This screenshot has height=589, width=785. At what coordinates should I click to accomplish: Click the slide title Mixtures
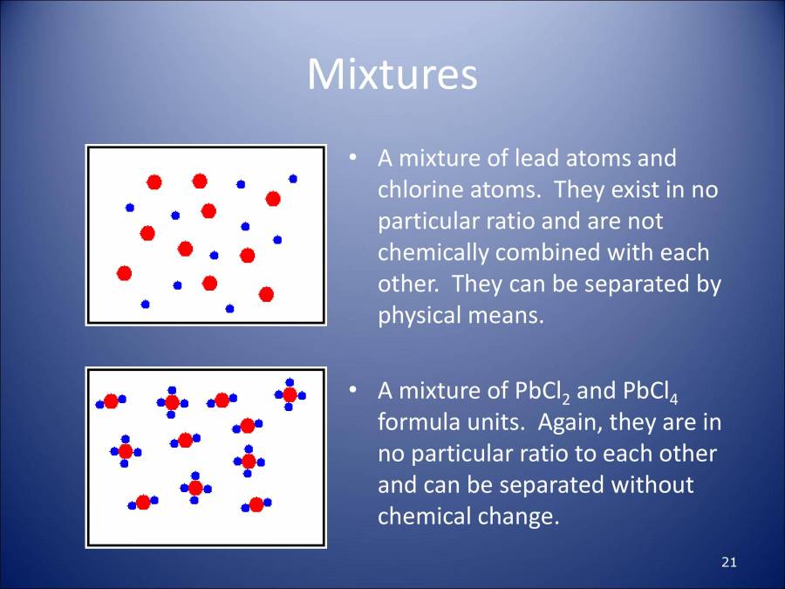392,75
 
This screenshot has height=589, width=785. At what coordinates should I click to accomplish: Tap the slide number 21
729,562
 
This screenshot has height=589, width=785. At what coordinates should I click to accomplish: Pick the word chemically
433,252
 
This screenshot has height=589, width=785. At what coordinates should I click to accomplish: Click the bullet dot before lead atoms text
352,160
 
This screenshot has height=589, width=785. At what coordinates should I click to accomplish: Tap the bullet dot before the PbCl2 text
352,392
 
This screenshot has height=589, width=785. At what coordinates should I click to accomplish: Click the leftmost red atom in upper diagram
124,273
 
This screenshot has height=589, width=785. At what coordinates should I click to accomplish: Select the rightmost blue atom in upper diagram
293,178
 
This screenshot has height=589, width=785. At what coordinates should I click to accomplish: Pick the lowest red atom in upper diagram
266,294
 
